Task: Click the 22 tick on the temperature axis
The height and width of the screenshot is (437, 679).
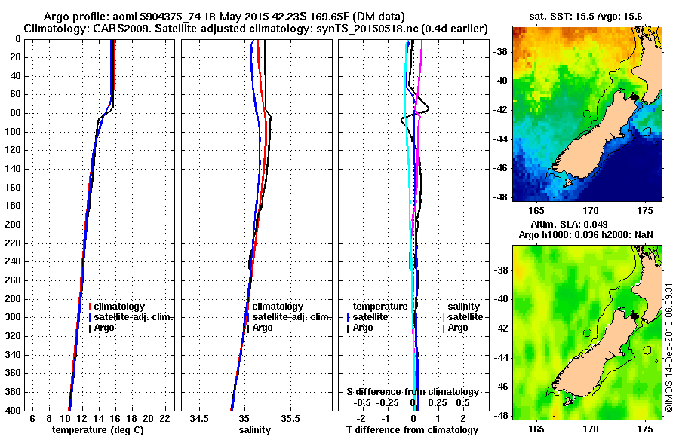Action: coord(164,418)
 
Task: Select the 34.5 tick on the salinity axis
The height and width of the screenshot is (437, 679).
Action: coord(199,418)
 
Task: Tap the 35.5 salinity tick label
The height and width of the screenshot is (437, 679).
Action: coord(290,418)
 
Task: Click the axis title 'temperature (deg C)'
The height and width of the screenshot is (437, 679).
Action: coord(97,430)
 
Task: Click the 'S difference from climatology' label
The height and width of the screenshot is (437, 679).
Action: coord(412,392)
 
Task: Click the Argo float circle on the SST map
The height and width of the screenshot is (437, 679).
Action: coord(587,114)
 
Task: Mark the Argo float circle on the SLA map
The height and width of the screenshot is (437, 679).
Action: coord(587,332)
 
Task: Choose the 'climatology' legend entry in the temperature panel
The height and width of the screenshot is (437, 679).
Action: coord(116,307)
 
